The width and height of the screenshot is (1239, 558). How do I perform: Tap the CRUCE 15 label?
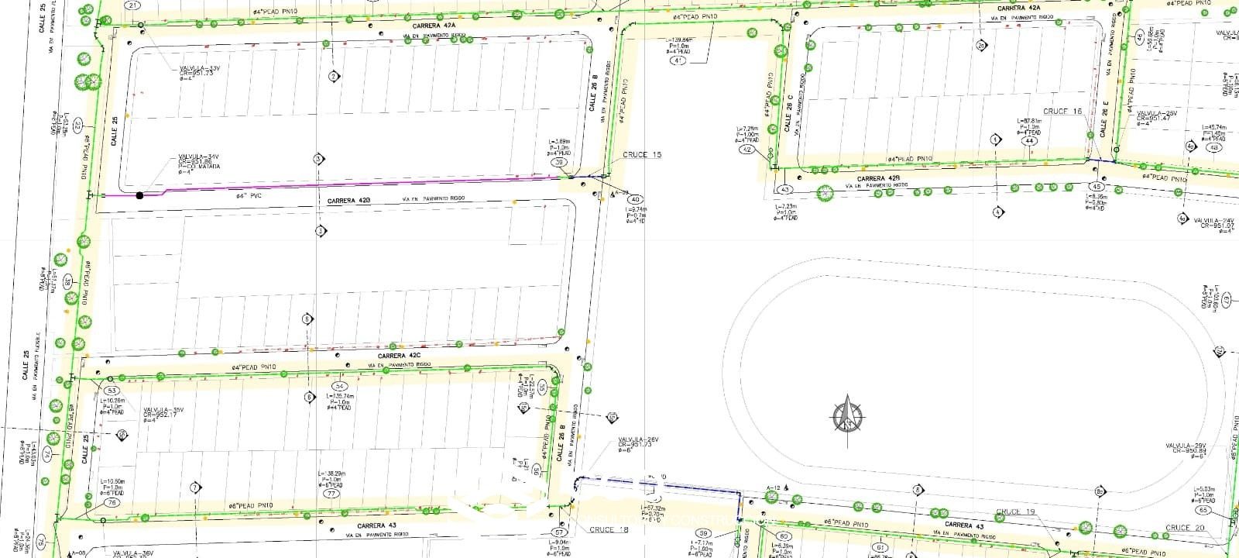click(642, 155)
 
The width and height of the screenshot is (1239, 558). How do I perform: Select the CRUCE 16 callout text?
click(1062, 112)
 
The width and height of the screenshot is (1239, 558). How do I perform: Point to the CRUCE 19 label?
click(1015, 512)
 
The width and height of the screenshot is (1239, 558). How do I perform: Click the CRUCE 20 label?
click(1185, 528)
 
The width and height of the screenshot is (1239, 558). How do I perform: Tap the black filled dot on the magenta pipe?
click(140, 195)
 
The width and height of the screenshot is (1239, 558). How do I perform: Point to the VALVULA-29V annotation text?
click(1186, 446)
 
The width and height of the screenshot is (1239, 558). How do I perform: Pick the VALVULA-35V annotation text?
click(163, 410)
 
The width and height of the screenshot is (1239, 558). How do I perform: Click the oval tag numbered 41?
click(679, 60)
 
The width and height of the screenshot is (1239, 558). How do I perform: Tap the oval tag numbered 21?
click(135, 5)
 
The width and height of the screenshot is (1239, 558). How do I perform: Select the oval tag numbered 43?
click(785, 190)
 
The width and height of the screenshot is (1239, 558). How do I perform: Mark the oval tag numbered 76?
click(112, 503)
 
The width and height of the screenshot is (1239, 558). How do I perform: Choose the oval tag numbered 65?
click(1203, 511)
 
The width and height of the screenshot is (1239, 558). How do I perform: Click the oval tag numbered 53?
click(112, 391)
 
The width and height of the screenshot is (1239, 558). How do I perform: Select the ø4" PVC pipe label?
click(251, 197)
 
